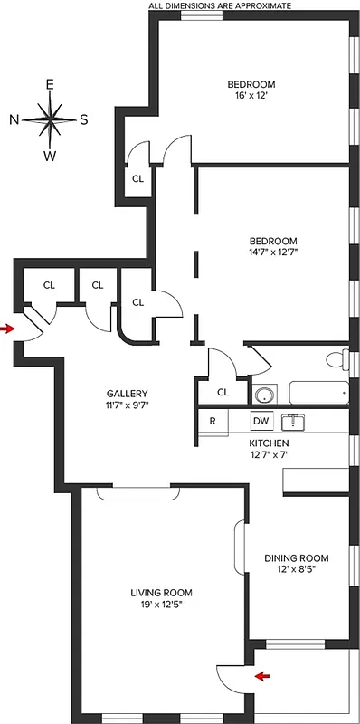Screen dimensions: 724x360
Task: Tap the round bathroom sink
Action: tap(264, 395)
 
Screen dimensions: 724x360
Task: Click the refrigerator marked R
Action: tap(213, 421)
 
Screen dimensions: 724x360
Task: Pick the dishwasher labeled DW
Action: tap(261, 421)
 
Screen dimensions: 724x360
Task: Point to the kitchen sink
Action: tap(295, 421)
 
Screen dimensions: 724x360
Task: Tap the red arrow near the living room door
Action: tap(262, 675)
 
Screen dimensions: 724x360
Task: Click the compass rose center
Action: tap(51, 119)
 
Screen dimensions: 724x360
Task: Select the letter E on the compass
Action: tap(51, 84)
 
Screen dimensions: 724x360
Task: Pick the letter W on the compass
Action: tap(51, 155)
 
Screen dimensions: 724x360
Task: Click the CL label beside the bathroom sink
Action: tap(223, 392)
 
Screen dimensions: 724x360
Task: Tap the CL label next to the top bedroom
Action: tap(137, 178)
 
